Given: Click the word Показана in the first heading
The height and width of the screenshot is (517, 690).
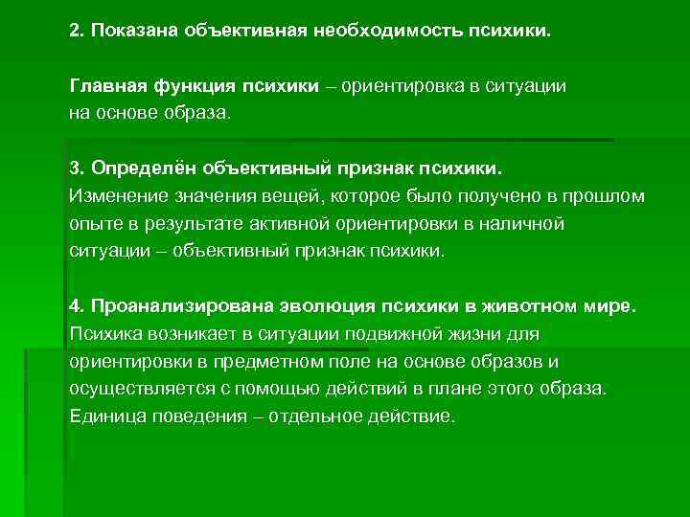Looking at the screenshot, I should [x=129, y=32].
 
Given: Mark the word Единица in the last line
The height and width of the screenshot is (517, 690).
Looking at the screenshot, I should [x=104, y=417].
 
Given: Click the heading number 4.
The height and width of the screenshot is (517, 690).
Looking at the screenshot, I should [x=76, y=306].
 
